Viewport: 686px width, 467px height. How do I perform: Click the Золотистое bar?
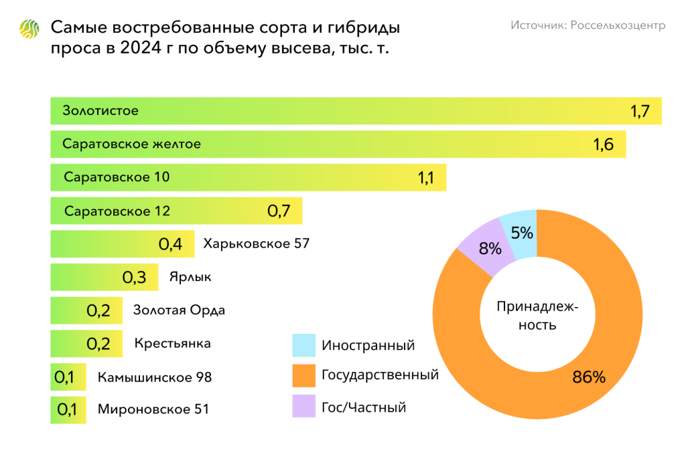[x=355, y=111]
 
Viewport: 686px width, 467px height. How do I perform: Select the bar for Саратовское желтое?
[x=338, y=144]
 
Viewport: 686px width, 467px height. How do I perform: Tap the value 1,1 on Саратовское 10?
[x=426, y=178]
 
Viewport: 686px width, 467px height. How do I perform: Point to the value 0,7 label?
[x=278, y=211]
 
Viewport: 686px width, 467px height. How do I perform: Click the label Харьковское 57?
[x=256, y=244]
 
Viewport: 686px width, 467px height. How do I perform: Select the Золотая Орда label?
[x=179, y=310]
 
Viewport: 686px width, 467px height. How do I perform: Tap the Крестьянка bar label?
[x=172, y=343]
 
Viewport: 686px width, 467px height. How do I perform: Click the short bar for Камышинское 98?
[x=68, y=377]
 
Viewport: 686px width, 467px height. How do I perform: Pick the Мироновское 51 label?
[x=153, y=409]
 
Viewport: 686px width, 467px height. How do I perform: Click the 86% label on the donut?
[x=588, y=377]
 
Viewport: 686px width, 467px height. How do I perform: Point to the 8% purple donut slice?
[x=487, y=249]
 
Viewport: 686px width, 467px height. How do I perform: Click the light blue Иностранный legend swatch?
[x=303, y=345]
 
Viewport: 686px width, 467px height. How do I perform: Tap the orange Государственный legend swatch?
[x=303, y=375]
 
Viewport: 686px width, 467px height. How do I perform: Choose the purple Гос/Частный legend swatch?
[x=303, y=406]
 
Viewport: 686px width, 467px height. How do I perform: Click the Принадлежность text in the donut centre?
[x=537, y=316]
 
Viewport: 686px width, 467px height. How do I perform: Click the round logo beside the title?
[x=30, y=29]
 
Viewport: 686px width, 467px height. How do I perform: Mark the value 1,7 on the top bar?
[x=640, y=111]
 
